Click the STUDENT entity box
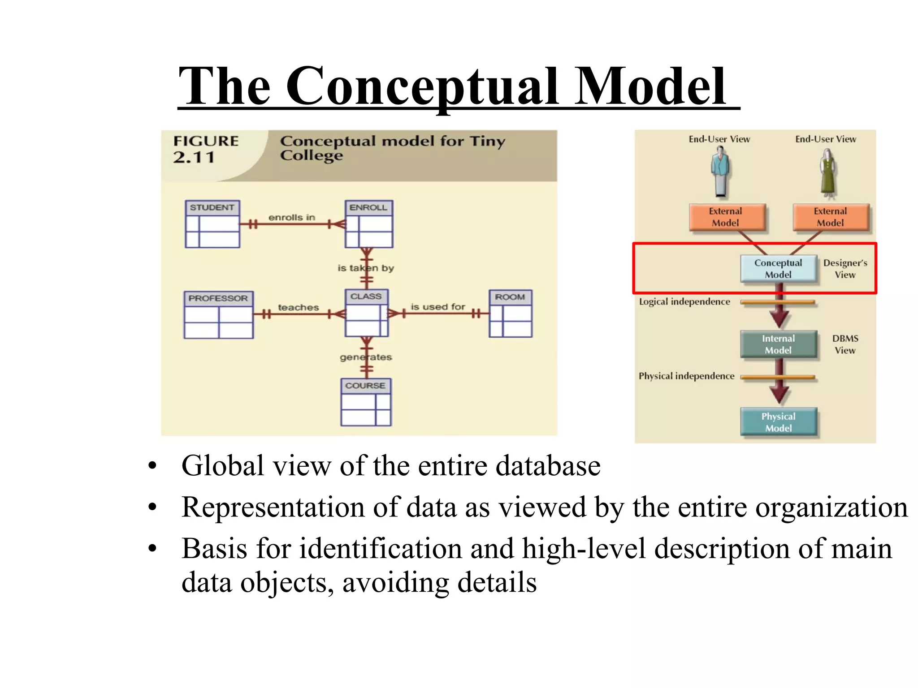[212, 224]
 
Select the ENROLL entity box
[368, 224]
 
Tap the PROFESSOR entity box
[218, 314]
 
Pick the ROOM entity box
[510, 314]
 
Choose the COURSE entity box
[366, 402]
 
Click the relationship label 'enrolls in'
[292, 217]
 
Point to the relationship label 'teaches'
[298, 307]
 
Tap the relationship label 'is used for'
[437, 307]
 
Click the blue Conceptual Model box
[778, 269]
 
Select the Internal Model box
[778, 344]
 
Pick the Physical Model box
[778, 422]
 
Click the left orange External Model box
[725, 217]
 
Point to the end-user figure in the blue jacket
[720, 172]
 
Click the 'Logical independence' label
[684, 302]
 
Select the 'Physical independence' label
[686, 376]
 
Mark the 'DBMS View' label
[845, 344]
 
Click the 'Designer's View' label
[845, 269]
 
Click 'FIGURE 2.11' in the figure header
[206, 149]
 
